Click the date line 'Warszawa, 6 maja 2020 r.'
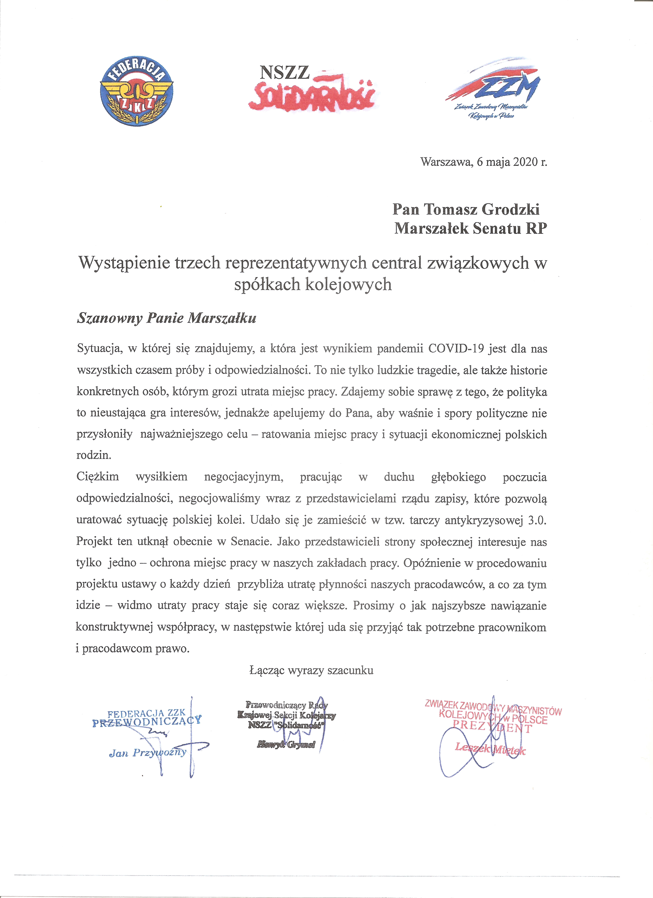483,162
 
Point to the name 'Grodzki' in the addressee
510,209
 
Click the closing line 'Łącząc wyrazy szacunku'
311,670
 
